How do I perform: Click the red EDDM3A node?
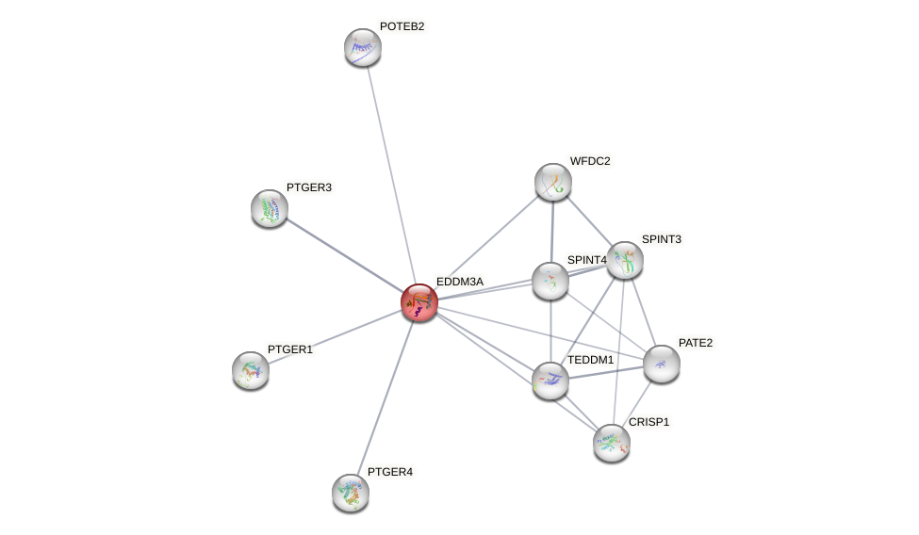(419, 302)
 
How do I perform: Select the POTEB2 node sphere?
(363, 47)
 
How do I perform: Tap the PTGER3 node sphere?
(270, 208)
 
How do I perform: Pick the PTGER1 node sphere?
(251, 370)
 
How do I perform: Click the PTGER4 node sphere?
(351, 492)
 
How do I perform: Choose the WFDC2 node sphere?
(553, 182)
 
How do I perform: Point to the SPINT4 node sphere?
(550, 281)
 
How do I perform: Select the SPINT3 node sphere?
(625, 260)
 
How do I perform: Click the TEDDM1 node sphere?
(550, 381)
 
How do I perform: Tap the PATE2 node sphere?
(662, 364)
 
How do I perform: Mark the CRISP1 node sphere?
(612, 442)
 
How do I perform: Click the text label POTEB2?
(402, 26)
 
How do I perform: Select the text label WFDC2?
(590, 161)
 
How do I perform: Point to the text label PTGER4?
(389, 472)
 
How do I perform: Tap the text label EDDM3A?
(459, 282)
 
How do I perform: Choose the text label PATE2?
(696, 343)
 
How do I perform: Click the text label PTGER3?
(309, 187)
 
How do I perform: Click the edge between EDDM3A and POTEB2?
(391, 174)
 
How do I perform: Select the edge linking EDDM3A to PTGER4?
(386, 397)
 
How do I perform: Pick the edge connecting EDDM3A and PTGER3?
(344, 255)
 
